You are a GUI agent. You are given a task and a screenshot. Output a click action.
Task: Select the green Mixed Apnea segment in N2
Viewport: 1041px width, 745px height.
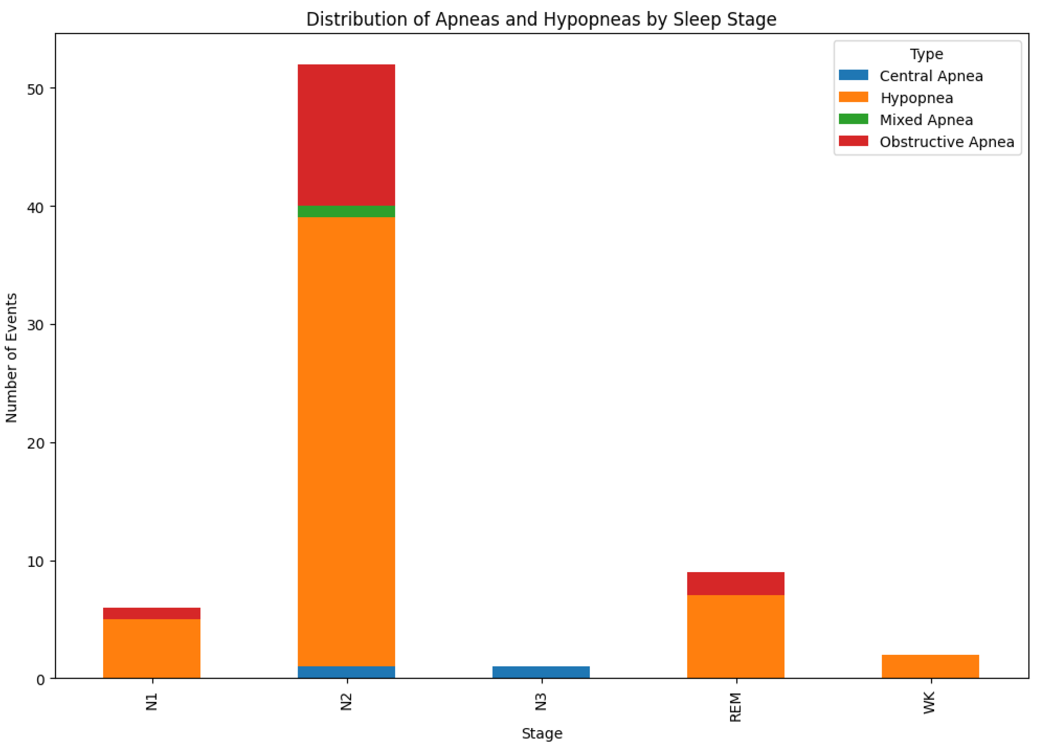point(346,212)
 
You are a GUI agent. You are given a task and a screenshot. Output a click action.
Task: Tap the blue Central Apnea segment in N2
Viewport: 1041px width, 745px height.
point(346,672)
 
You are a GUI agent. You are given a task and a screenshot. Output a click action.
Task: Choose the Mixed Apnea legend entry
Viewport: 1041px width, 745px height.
point(926,120)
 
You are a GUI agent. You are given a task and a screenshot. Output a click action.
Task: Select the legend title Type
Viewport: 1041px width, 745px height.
point(926,54)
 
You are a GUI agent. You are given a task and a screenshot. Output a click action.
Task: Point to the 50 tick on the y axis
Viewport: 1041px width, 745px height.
point(35,89)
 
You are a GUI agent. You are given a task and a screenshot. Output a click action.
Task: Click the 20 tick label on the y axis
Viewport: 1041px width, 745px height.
point(35,444)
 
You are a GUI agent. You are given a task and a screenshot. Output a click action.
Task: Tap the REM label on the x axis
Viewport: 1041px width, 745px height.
point(735,707)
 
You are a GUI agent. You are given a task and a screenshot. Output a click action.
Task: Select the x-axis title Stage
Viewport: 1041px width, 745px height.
point(542,733)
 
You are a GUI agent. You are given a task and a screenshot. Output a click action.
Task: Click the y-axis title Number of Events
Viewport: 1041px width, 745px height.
point(11,357)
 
